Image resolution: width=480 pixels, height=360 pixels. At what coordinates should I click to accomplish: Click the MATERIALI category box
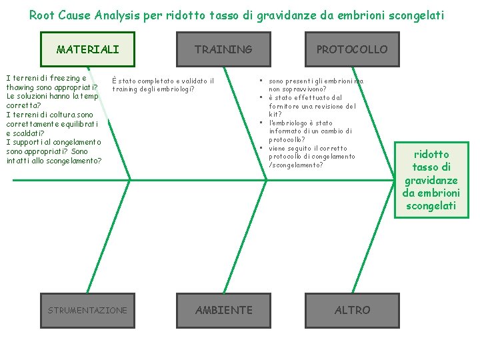tap(87, 49)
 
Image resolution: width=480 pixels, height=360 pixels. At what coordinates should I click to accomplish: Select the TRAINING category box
tap(223, 49)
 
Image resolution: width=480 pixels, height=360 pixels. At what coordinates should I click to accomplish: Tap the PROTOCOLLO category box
tap(351, 49)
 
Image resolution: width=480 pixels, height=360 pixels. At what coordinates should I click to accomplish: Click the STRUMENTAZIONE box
tap(87, 310)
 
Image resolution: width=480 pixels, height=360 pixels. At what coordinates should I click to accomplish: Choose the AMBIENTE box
tap(224, 310)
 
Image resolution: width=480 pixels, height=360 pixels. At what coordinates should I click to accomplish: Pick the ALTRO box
tap(352, 310)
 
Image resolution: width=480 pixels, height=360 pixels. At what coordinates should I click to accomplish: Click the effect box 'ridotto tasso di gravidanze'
tap(431, 179)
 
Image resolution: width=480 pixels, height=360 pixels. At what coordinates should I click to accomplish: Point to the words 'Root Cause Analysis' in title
tap(85, 15)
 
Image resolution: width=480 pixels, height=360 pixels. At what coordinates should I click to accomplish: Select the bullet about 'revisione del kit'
tap(312, 106)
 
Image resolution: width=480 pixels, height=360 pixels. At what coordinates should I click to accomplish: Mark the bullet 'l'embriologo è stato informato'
tap(310, 131)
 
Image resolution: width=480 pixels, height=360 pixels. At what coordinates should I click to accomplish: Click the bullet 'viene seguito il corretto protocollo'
tap(311, 157)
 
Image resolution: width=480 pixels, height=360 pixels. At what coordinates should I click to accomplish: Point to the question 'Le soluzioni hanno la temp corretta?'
tap(52, 100)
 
